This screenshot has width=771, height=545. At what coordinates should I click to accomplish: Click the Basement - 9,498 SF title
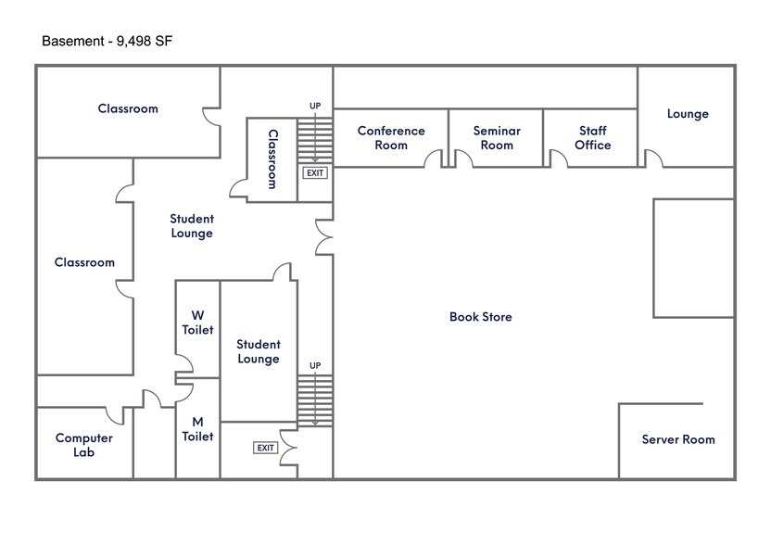(107, 41)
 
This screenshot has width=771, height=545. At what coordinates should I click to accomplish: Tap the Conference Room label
(391, 138)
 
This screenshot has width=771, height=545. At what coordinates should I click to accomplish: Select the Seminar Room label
(497, 138)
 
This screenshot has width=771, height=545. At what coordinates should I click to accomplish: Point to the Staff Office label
(592, 138)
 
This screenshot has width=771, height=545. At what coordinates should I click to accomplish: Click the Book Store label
(480, 317)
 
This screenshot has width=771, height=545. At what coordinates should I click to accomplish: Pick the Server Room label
(678, 439)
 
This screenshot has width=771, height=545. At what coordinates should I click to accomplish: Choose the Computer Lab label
(84, 445)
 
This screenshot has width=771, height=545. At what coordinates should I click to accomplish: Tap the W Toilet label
(197, 323)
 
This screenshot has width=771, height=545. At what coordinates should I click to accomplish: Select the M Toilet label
(197, 429)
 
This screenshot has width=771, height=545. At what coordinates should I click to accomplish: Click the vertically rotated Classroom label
(272, 158)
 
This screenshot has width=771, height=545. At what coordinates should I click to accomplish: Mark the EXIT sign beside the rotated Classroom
(315, 173)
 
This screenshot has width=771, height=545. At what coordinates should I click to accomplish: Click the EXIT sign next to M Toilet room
(266, 448)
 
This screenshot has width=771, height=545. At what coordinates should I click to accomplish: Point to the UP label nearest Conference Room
(315, 107)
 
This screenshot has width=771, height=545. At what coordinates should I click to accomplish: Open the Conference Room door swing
(433, 158)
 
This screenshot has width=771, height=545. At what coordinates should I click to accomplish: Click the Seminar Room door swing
(463, 158)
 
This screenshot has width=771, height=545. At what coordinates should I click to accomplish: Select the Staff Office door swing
(559, 158)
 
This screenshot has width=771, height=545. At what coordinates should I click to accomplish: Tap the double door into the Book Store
(324, 237)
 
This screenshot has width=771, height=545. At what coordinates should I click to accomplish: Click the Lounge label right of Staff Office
(688, 114)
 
